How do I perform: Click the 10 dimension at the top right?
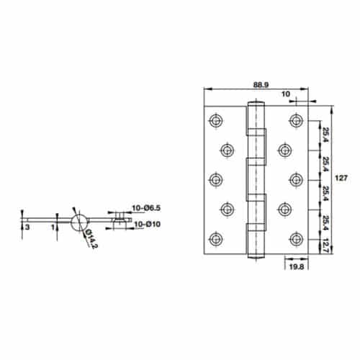tap(286, 94)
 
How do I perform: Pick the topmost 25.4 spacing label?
tap(325, 134)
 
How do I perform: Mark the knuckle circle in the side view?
tap(78, 219)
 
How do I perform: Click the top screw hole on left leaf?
tap(215, 119)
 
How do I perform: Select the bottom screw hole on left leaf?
tap(215, 238)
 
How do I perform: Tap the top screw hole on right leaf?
tap(294, 119)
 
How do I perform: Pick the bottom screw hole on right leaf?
tap(294, 238)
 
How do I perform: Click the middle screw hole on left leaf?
tap(215, 179)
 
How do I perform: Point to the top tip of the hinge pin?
tap(253, 102)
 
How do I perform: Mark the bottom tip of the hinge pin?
tap(253, 256)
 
